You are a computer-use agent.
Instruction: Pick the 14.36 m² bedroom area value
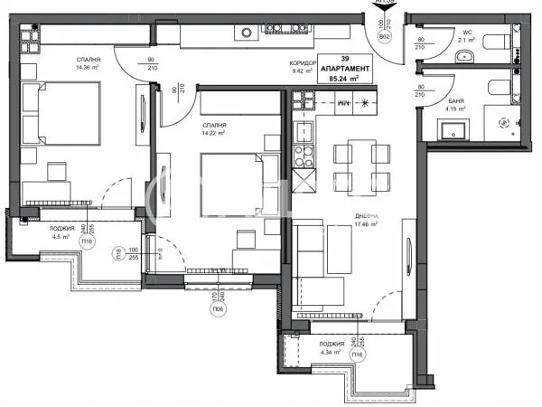click(89, 66)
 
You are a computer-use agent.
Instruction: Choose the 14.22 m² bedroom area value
click(216, 132)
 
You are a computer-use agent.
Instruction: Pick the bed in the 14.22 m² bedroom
click(233, 173)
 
